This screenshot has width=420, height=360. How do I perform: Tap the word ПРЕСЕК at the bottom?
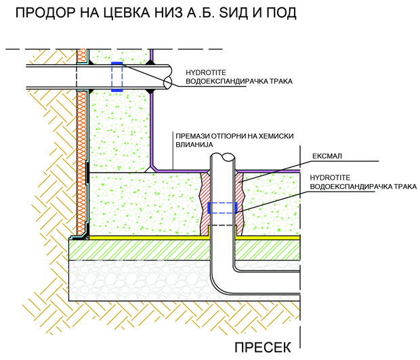[263, 347]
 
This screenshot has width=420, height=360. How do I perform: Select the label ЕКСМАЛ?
[327, 156]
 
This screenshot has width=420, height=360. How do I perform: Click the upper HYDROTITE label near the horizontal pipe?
[206, 72]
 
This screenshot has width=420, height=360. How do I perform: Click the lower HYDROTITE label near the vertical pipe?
[330, 178]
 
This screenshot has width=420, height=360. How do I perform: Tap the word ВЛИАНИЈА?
[194, 145]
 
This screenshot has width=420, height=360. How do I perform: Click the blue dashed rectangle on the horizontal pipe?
[117, 77]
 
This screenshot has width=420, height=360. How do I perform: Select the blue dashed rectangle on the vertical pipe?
[223, 208]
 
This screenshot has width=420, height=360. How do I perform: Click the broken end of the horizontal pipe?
[168, 78]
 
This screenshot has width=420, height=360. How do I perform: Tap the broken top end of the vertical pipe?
[223, 156]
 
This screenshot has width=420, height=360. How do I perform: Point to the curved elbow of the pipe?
[219, 284]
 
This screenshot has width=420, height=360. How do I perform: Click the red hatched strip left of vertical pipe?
[205, 204]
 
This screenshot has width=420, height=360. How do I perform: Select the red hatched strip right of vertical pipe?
[239, 204]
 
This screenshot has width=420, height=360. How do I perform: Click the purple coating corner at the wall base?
[153, 168]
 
